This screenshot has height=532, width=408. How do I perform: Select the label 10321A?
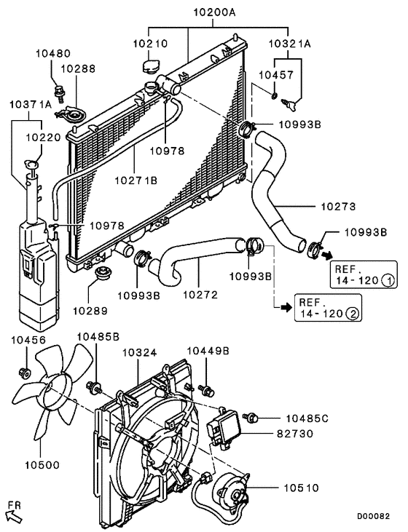tap(289, 44)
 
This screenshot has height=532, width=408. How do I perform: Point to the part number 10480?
tap(53, 53)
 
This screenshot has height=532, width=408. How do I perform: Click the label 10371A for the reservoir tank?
tap(31, 105)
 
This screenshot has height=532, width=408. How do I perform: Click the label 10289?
tap(89, 310)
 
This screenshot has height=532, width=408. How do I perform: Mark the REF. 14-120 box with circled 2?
tap(328, 309)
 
